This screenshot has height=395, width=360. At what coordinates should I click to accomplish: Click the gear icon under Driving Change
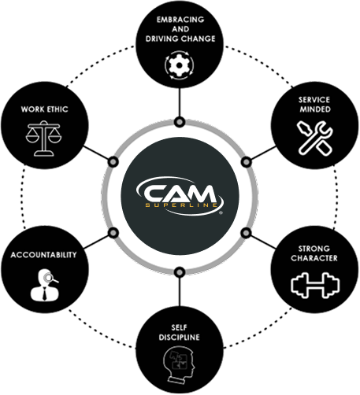pos(180,65)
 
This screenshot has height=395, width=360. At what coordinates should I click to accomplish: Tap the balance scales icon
pos(43,138)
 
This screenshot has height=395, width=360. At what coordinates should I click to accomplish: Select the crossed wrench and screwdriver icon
pos(315,138)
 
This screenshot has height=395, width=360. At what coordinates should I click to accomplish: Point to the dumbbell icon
pos(315,286)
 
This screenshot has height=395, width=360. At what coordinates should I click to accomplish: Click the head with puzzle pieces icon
pos(180,364)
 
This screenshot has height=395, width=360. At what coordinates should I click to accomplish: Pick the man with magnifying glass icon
pos(45,285)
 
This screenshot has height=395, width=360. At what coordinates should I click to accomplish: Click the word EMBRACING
pos(180,20)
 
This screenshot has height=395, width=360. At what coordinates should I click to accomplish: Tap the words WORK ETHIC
pos(44,109)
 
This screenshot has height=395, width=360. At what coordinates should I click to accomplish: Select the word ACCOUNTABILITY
pos(43,255)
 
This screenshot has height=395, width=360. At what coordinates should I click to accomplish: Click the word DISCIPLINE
pos(180,338)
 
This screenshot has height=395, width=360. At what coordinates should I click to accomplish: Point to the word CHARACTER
pos(314,258)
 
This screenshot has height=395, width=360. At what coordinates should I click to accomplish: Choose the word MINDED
pos(315,109)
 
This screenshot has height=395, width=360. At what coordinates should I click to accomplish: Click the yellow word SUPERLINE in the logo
pos(181,205)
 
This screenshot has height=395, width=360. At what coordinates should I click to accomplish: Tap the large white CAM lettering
pos(180,194)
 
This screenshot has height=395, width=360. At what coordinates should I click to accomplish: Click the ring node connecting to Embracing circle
pos(180,122)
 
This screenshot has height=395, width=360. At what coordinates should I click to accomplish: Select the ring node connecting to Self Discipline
pos(180,272)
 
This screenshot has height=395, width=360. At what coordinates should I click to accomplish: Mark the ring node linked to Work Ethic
pos(113,162)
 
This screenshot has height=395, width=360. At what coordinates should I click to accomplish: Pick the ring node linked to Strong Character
pos(246,233)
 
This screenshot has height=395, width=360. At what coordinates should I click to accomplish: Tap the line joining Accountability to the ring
pos(96,242)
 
